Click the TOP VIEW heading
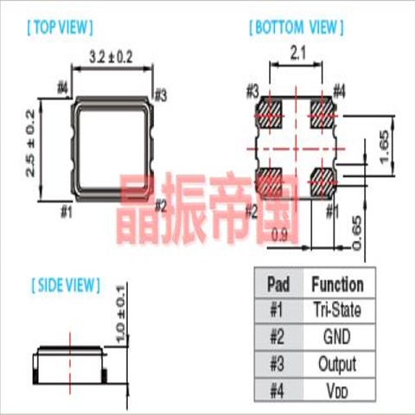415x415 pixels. pyautogui.click(x=61, y=28)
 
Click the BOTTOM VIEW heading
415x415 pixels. pyautogui.click(x=297, y=28)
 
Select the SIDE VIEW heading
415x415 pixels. pyautogui.click(x=66, y=285)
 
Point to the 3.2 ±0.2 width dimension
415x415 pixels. pyautogui.click(x=111, y=57)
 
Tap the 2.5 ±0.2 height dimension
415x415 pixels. pyautogui.click(x=30, y=143)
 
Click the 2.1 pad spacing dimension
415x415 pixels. pyautogui.click(x=297, y=54)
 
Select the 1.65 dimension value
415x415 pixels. pyautogui.click(x=385, y=147)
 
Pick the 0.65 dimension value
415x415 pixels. pyautogui.click(x=357, y=233)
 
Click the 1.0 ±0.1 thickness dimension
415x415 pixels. pyautogui.click(x=120, y=314)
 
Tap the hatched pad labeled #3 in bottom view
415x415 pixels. pyautogui.click(x=269, y=115)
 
